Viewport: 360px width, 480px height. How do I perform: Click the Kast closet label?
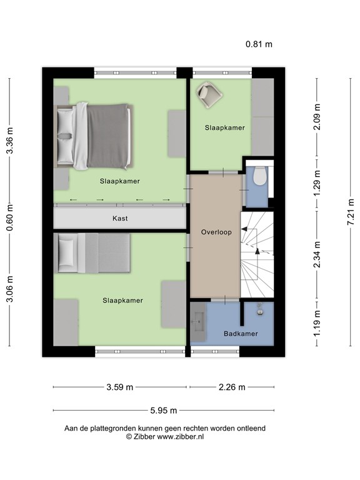click(x=120, y=218)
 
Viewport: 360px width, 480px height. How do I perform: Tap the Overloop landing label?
click(x=216, y=232)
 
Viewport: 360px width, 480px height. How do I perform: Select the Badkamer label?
click(x=241, y=334)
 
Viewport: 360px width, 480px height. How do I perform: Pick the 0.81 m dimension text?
click(x=259, y=44)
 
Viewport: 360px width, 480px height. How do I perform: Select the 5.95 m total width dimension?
click(x=163, y=411)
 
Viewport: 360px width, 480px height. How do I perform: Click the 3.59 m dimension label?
click(x=119, y=387)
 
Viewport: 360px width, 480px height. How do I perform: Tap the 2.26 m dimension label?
click(x=231, y=387)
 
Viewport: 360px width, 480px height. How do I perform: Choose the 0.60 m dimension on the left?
click(x=9, y=218)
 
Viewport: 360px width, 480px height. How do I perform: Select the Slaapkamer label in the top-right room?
click(x=224, y=127)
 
